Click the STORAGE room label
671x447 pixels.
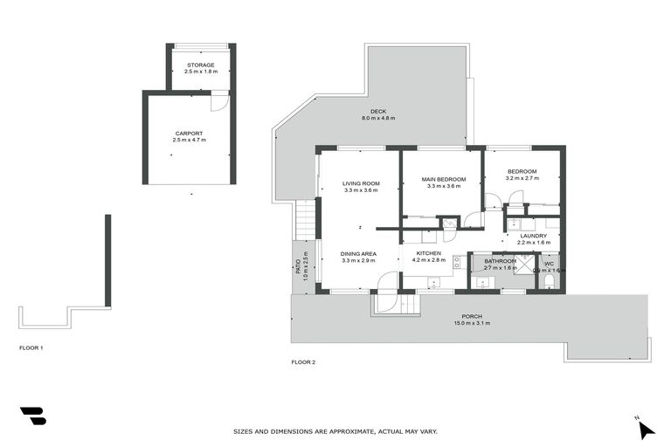tap(199, 65)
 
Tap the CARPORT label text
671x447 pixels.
tap(189, 134)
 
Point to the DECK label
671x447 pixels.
tap(378, 111)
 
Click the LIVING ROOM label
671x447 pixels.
tap(361, 183)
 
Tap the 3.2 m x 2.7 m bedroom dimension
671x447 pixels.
tap(522, 178)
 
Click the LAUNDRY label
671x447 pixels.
tap(533, 236)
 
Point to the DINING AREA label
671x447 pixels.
tap(358, 253)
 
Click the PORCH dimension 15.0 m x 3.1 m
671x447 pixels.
tap(473, 324)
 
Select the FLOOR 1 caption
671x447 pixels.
tap(31, 347)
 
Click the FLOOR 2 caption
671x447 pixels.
tap(302, 361)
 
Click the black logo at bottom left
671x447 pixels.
tap(32, 416)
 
